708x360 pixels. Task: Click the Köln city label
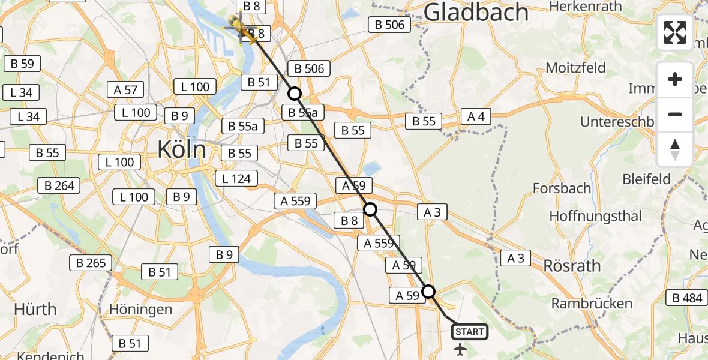pyautogui.click(x=182, y=149)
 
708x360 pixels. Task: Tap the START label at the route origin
pyautogui.click(x=469, y=332)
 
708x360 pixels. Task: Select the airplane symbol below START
pyautogui.click(x=460, y=349)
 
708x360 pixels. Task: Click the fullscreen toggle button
pyautogui.click(x=675, y=32)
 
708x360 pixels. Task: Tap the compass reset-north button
pyautogui.click(x=675, y=149)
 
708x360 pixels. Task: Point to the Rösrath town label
pyautogui.click(x=569, y=265)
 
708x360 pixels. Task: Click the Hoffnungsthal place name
pyautogui.click(x=587, y=216)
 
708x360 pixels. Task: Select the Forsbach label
pyautogui.click(x=562, y=188)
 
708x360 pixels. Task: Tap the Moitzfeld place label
pyautogui.click(x=575, y=67)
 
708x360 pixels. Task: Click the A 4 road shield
pyautogui.click(x=476, y=116)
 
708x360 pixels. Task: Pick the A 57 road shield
pyautogui.click(x=125, y=90)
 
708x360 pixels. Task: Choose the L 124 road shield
pyautogui.click(x=236, y=178)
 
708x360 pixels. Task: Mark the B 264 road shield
pyautogui.click(x=59, y=185)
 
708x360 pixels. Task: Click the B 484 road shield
pyautogui.click(x=688, y=298)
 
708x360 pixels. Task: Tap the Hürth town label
pyautogui.click(x=36, y=310)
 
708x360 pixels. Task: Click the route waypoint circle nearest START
pyautogui.click(x=428, y=292)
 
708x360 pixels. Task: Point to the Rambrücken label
pyautogui.click(x=592, y=304)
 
